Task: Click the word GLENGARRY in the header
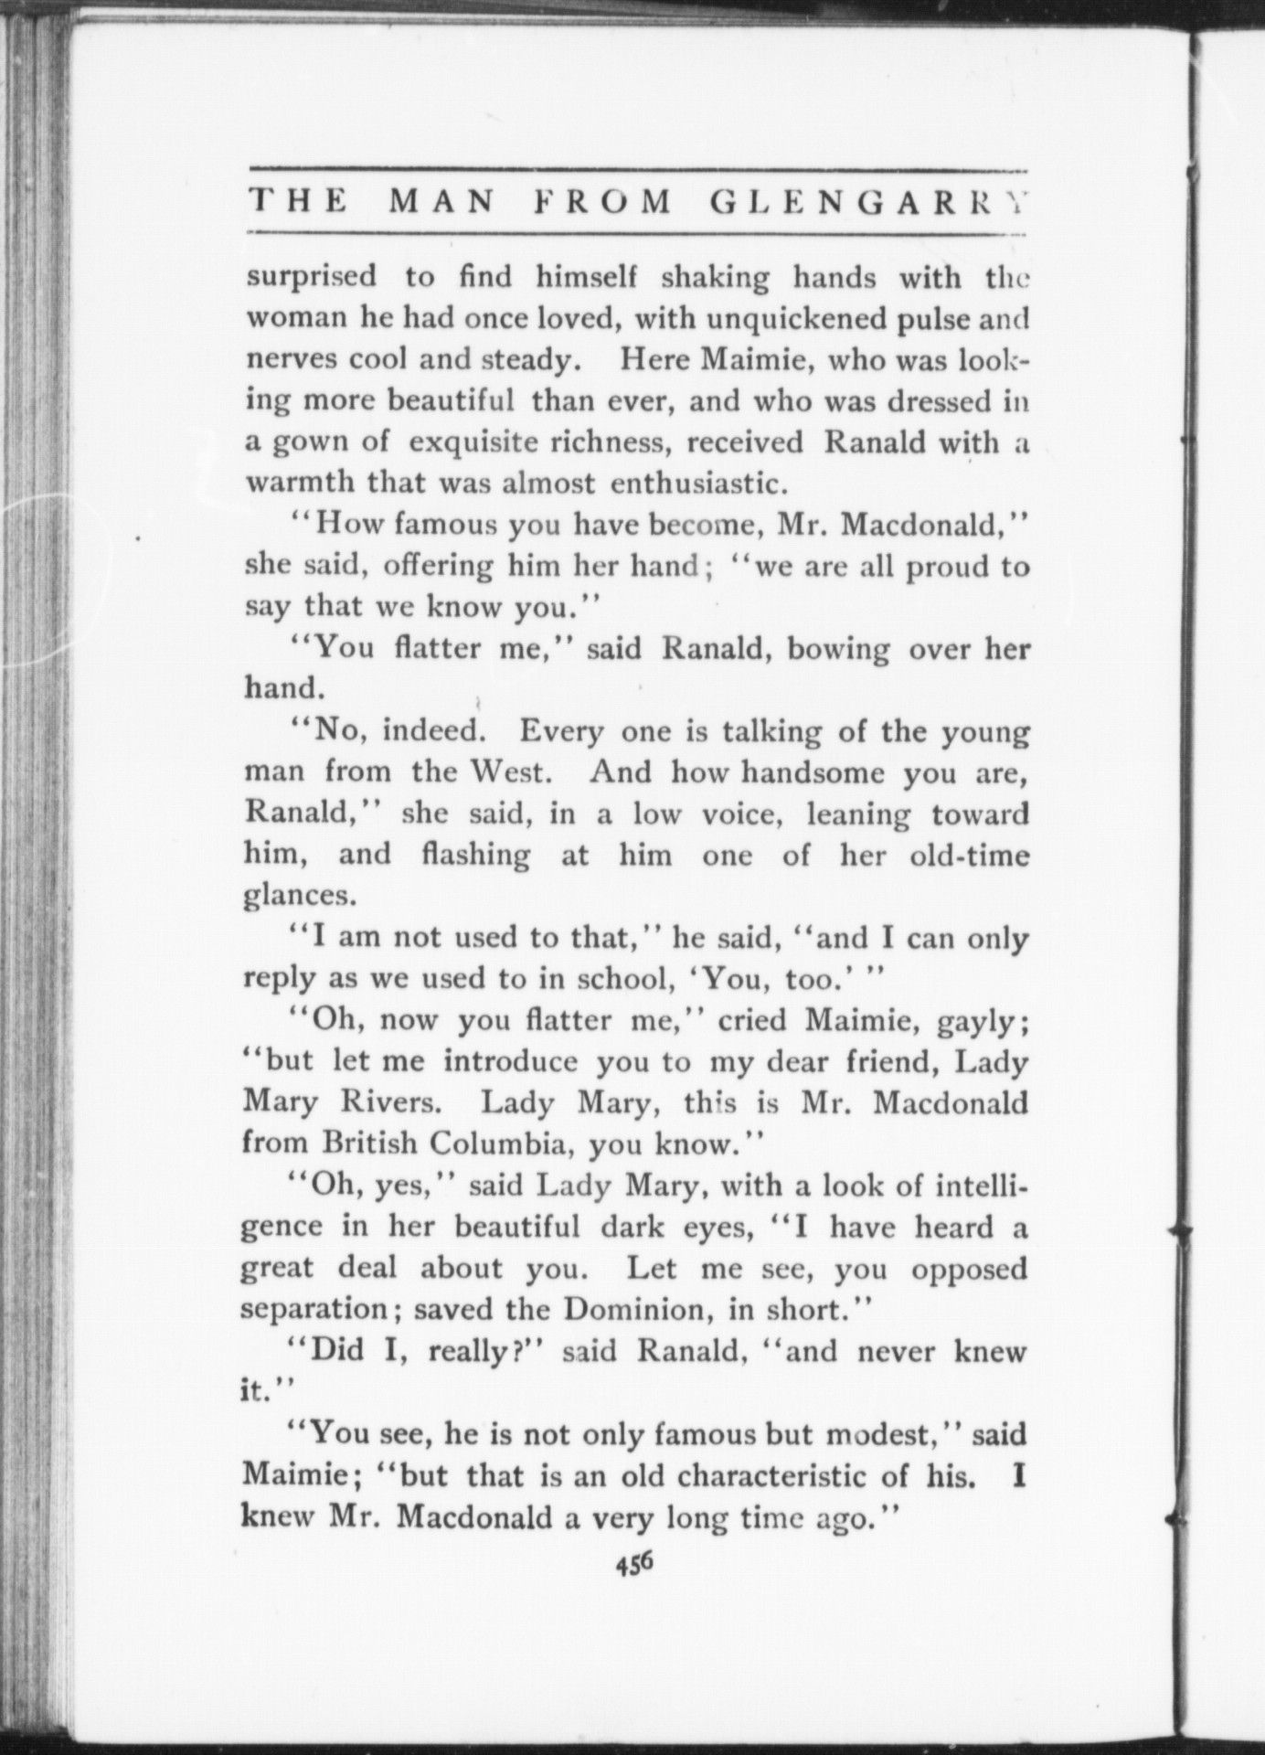pyautogui.click(x=867, y=202)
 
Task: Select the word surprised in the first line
pyautogui.click(x=312, y=276)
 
